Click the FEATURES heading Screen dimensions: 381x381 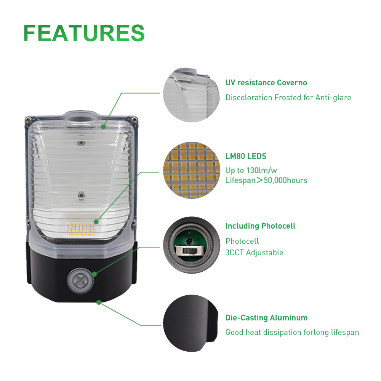(84, 33)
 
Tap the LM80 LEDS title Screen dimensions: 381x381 (246, 156)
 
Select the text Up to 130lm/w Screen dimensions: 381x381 (251, 170)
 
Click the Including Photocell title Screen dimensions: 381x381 (260, 226)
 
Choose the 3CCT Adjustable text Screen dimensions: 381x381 (254, 253)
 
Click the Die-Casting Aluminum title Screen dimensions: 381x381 (266, 318)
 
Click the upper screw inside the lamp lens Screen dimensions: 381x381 (80, 143)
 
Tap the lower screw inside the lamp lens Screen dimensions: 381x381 (80, 195)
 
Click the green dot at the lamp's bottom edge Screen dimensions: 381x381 (99, 303)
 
